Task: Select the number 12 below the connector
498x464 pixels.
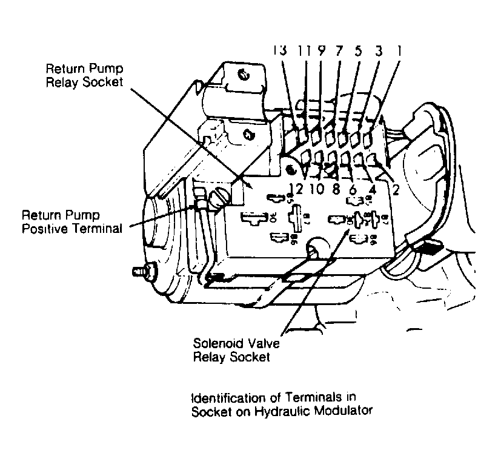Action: (x=296, y=189)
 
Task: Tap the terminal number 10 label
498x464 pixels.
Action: (x=317, y=189)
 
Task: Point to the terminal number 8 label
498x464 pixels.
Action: (x=336, y=189)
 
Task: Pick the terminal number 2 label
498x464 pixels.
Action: (x=395, y=190)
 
